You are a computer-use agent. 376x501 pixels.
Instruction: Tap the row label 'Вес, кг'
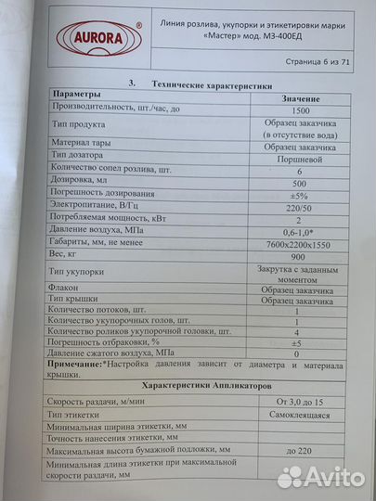(x=68, y=252)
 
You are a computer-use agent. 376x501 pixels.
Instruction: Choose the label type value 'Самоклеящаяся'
(x=299, y=416)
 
